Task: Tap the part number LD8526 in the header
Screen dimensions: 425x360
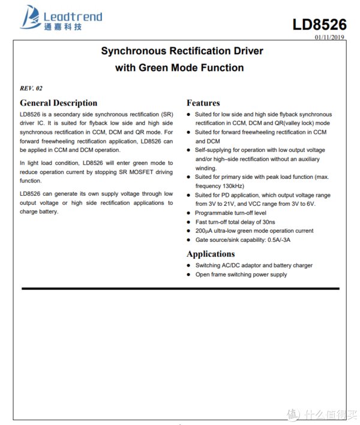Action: click(x=319, y=25)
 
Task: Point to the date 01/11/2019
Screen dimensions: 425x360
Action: click(x=331, y=37)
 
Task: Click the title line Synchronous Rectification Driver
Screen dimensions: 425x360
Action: click(x=182, y=51)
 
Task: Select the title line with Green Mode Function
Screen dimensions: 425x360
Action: click(x=179, y=68)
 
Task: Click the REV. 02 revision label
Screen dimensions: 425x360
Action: click(x=31, y=88)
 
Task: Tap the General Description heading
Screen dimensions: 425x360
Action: click(x=58, y=103)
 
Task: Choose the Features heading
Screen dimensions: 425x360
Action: click(x=203, y=103)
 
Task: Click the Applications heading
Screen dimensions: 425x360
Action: click(x=211, y=254)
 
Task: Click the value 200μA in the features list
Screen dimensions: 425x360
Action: click(x=204, y=231)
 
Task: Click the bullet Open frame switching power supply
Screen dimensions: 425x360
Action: click(x=241, y=274)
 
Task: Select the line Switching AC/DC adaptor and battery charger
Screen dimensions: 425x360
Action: click(x=253, y=265)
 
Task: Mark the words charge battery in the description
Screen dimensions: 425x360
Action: click(x=39, y=211)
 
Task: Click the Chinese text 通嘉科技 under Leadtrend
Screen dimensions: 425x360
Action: click(x=62, y=28)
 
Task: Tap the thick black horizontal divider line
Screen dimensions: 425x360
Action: click(x=180, y=289)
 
